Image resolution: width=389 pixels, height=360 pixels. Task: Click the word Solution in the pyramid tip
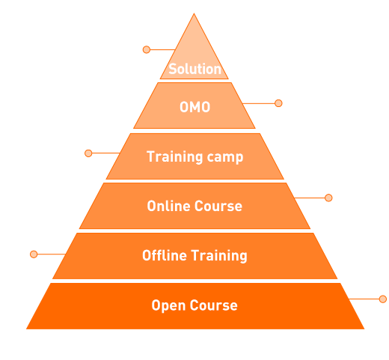[x=194, y=69]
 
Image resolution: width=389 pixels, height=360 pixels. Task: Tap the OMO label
[x=194, y=107]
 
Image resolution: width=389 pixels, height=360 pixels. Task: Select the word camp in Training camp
[x=225, y=158]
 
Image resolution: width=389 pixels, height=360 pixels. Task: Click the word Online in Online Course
[x=168, y=206]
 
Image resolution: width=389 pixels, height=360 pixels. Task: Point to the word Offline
[x=165, y=255]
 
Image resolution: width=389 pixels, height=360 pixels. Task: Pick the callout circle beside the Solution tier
[x=147, y=49]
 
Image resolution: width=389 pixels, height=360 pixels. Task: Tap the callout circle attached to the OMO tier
[x=278, y=103]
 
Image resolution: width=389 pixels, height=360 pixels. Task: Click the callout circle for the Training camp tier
[x=88, y=153]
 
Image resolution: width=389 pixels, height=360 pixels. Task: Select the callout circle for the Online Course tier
[x=328, y=198]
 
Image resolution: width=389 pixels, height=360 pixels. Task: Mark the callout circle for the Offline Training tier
[x=34, y=254]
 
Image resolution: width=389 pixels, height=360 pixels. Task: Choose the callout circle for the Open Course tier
[x=383, y=299]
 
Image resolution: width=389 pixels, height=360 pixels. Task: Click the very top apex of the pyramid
[x=194, y=13]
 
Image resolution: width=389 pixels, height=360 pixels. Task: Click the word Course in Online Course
[x=218, y=206]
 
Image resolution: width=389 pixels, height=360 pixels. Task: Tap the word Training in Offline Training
[x=219, y=256]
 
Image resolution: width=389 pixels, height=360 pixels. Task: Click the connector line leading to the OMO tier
[x=259, y=103]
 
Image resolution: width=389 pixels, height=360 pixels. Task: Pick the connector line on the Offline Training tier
[x=52, y=254]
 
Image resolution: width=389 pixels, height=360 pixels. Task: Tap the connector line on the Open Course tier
[x=364, y=299]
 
